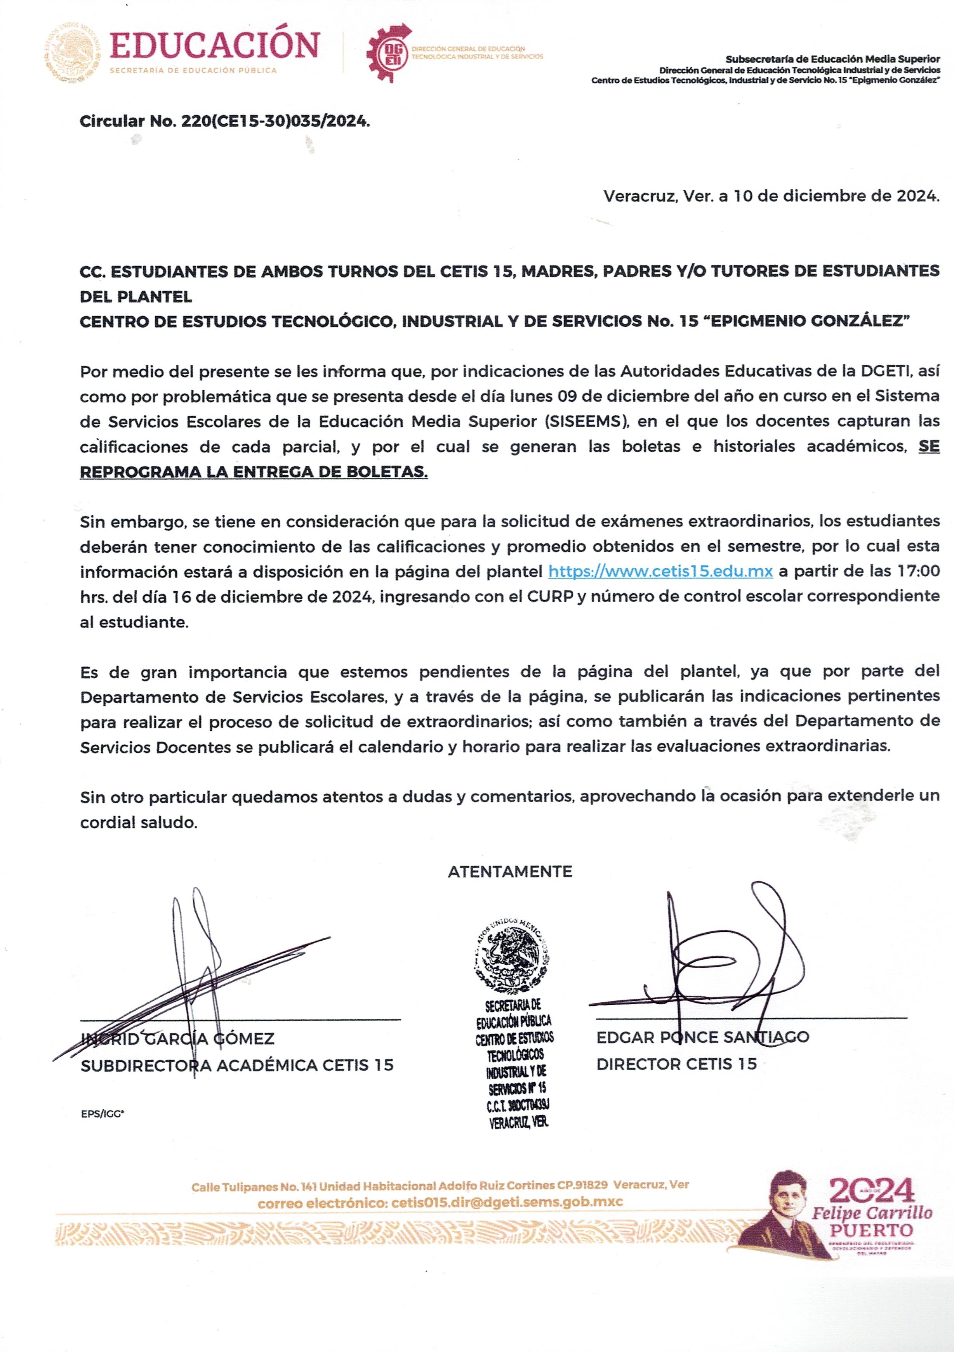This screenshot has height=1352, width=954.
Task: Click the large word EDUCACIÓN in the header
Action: (214, 46)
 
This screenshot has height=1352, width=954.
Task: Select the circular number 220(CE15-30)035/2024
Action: (276, 121)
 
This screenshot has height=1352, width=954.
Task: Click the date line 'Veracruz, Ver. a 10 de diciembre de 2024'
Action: (771, 196)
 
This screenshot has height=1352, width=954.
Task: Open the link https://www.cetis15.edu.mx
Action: (660, 571)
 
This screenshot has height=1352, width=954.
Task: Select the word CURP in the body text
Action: (550, 596)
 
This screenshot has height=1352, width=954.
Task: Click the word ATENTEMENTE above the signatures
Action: (510, 872)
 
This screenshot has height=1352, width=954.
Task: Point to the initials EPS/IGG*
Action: (103, 1114)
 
